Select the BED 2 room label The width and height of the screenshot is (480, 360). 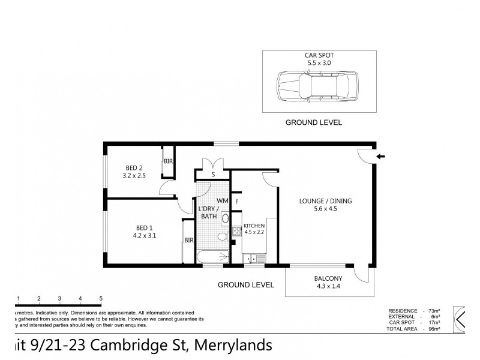[x=134, y=171]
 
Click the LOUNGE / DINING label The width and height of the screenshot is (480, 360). [x=326, y=205]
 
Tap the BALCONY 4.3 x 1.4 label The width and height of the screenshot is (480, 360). [x=328, y=282]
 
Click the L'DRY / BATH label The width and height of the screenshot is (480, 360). [x=209, y=212]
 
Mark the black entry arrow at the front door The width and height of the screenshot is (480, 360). [x=381, y=157]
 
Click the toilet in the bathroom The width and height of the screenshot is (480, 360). [x=223, y=236]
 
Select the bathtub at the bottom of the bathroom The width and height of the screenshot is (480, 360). [x=213, y=257]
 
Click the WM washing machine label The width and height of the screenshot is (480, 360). [x=222, y=200]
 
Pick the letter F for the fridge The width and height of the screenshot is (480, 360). [x=238, y=202]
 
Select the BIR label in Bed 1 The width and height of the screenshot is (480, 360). [x=188, y=241]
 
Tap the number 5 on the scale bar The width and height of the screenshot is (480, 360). [x=101, y=298]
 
